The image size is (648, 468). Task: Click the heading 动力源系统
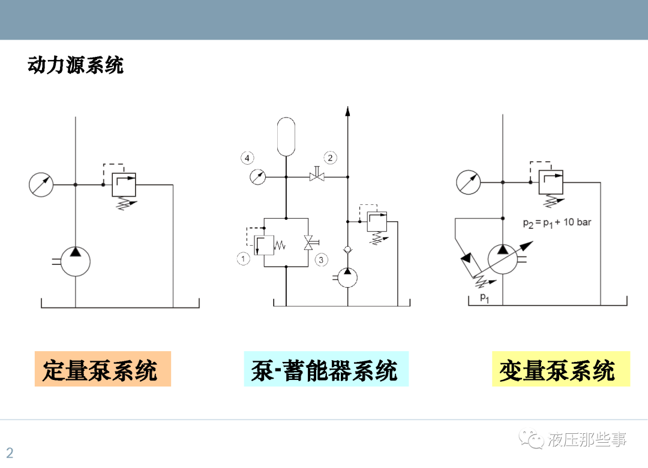76,65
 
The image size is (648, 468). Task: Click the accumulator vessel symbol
287,137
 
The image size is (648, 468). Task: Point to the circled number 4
247,158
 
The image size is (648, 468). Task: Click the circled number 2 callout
330,158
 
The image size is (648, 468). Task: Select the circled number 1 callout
243,259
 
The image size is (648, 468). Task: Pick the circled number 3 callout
321,259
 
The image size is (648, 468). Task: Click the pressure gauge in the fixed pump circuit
41,185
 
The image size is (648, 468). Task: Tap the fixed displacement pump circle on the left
76,261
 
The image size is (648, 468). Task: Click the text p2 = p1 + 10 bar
557,222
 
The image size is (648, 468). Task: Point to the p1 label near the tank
484,297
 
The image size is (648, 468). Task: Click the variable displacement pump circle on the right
503,259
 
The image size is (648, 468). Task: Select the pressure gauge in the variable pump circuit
468,182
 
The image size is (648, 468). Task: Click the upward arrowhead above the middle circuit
347,111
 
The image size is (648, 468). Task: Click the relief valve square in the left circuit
125,185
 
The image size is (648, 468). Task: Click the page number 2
10,452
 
